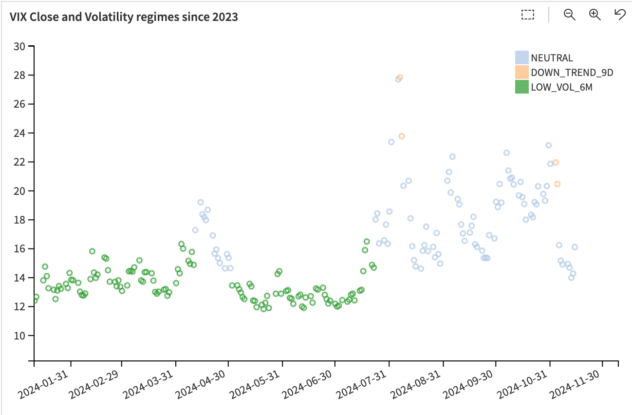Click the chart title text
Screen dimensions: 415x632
(124, 17)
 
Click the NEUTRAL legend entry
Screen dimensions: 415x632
(552, 58)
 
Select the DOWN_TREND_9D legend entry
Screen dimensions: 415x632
(572, 73)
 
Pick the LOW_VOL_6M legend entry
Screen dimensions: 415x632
(561, 87)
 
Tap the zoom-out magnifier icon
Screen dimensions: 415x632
(569, 15)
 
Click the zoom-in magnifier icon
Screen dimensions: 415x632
(595, 15)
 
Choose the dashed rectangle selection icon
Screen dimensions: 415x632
(527, 15)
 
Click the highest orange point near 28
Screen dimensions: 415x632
(400, 77)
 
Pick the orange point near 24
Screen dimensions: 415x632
(402, 136)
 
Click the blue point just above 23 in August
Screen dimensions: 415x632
(391, 142)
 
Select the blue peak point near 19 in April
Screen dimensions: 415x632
(201, 202)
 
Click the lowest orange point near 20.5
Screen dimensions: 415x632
(558, 184)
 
